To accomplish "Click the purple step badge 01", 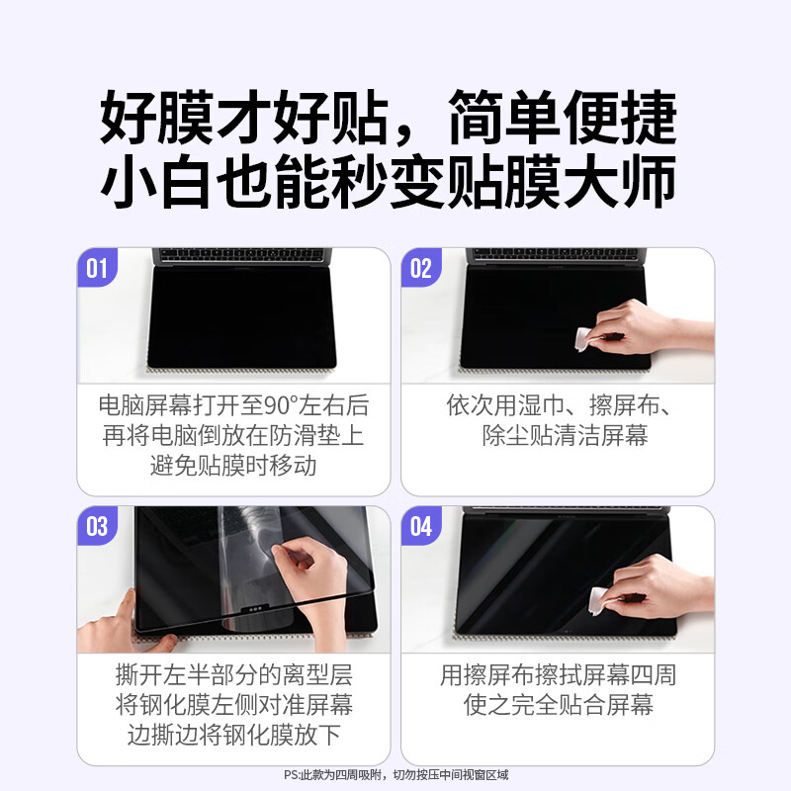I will click(97, 268).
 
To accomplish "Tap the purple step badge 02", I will click(420, 268).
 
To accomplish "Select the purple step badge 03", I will click(97, 526).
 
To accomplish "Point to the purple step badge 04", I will click(420, 526).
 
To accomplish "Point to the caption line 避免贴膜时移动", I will click(233, 465).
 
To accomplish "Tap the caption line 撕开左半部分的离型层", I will click(233, 676).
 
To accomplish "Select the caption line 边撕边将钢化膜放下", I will click(233, 736).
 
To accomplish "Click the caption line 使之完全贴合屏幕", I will click(558, 706).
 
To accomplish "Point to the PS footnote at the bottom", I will click(395, 774).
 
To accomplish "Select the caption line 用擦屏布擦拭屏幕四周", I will click(558, 676).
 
